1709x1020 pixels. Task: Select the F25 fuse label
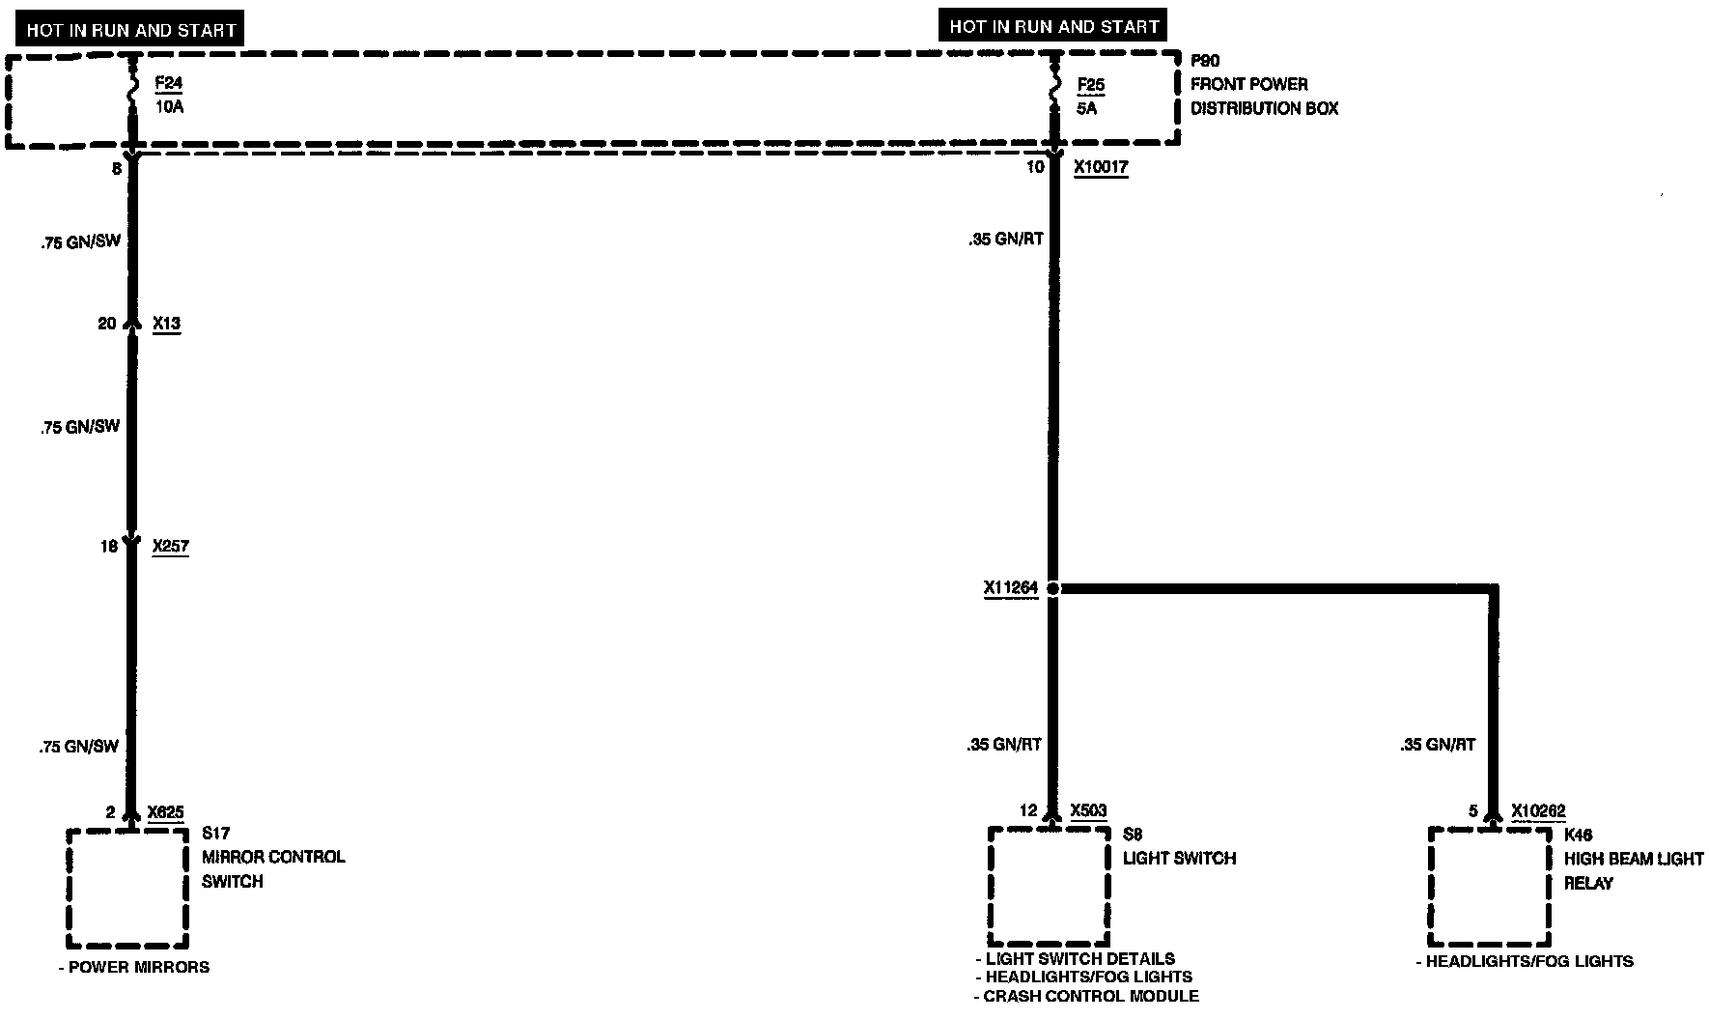pos(1091,85)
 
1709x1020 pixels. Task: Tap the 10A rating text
pos(169,107)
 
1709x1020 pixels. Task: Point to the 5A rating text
pos(1087,109)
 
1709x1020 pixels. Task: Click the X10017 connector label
pos(1101,167)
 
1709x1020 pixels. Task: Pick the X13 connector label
pos(166,324)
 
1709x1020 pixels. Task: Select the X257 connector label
pos(171,546)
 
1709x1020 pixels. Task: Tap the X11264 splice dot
pos(1052,588)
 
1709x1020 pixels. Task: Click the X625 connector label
pos(165,812)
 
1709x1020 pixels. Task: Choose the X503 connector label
pos(1088,811)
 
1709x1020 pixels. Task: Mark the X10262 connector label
pos(1538,811)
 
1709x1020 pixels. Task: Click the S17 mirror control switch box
pos(126,888)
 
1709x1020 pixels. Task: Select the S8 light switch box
pos(1048,886)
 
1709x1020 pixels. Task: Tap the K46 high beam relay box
pos(1489,887)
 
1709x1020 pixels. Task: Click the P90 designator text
pos(1205,61)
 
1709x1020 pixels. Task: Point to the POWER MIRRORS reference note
pos(134,967)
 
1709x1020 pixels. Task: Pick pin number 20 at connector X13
pos(106,324)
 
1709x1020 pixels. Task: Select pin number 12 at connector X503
pos(1028,811)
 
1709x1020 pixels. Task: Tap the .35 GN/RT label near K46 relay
pos(1438,745)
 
